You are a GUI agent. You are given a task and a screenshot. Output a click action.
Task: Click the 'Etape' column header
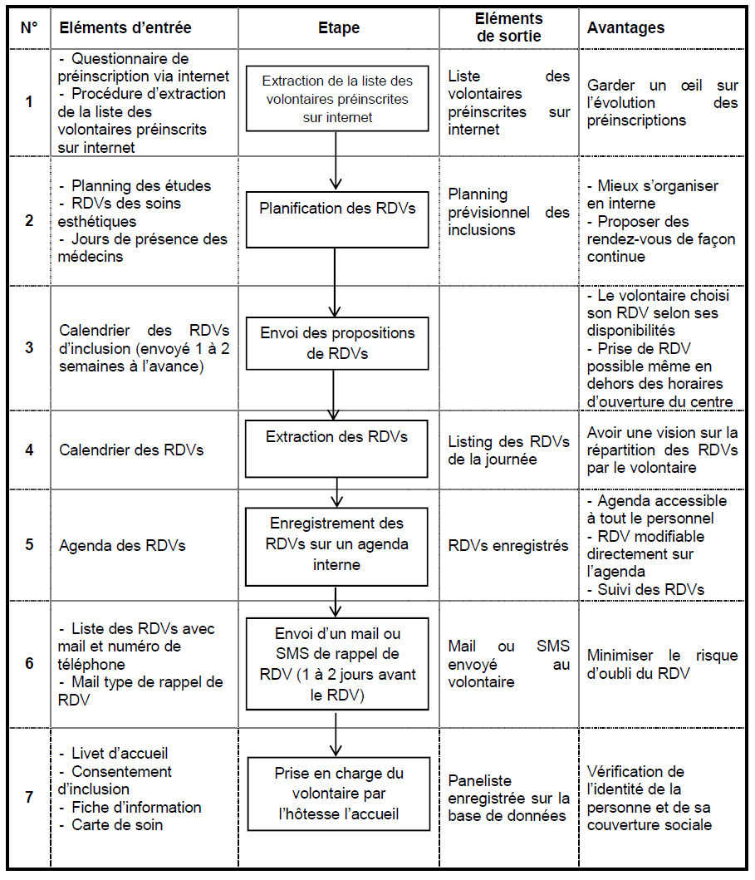tap(339, 27)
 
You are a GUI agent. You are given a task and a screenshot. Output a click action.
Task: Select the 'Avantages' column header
tap(625, 27)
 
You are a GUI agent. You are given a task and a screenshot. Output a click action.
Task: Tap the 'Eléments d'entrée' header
tap(125, 27)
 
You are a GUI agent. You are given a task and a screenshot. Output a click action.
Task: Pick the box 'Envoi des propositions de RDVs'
tap(336, 343)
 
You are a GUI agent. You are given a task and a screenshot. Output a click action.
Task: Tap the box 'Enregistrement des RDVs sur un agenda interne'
tap(336, 545)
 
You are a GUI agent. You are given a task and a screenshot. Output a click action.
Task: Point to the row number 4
tap(30, 450)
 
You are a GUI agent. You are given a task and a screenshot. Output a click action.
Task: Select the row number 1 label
tap(30, 102)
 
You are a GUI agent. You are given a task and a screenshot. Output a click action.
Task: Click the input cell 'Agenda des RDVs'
tap(122, 546)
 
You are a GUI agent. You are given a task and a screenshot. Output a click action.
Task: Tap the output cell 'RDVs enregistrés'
tap(508, 546)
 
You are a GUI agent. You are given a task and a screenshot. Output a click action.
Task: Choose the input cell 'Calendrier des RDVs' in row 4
tap(132, 450)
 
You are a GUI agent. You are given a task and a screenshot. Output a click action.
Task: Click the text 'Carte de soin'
tap(116, 825)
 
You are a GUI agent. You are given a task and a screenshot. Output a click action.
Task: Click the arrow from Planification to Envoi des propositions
tap(335, 283)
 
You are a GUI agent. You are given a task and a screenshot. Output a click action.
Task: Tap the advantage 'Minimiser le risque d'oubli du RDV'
tap(662, 664)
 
